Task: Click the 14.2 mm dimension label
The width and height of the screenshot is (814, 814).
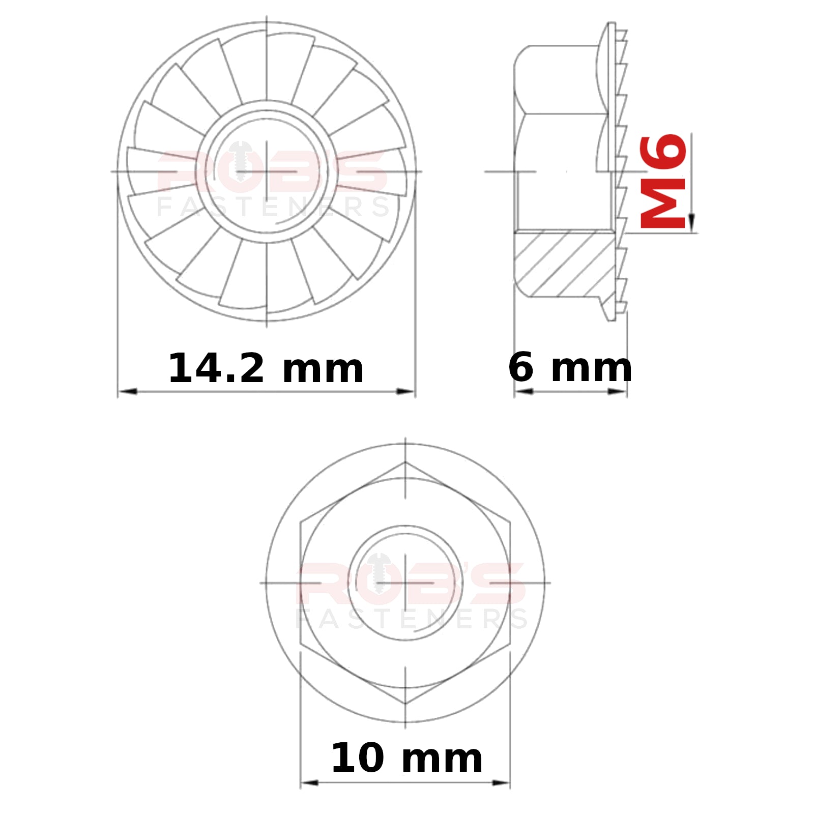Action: click(266, 368)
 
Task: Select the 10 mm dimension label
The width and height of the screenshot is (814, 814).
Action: click(406, 758)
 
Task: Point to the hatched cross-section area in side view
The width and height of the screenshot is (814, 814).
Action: click(565, 264)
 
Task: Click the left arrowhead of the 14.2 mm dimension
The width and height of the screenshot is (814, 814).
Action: click(128, 391)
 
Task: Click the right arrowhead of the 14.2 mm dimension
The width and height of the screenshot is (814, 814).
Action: click(405, 391)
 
